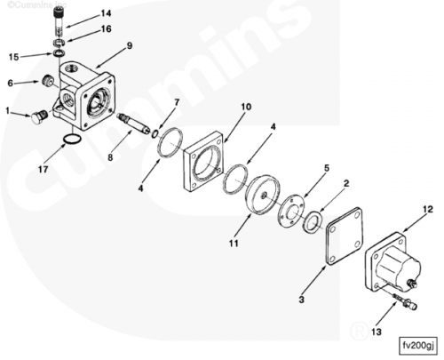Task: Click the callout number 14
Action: click(x=106, y=13)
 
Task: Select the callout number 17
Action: click(x=43, y=170)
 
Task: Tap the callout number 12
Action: click(x=428, y=210)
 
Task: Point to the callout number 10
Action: click(x=246, y=107)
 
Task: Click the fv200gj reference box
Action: click(x=418, y=346)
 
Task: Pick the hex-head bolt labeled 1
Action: click(x=38, y=117)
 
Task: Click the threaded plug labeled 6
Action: click(x=47, y=81)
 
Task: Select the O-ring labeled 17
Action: click(x=72, y=139)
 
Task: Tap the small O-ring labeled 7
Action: click(x=155, y=133)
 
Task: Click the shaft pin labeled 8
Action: click(x=133, y=124)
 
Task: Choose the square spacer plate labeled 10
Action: click(x=203, y=162)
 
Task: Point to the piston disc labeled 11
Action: click(x=263, y=194)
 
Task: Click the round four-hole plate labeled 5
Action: click(x=291, y=211)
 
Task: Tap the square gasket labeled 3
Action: click(x=344, y=236)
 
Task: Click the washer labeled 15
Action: click(x=59, y=53)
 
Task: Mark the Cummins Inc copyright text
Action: click(x=37, y=4)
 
